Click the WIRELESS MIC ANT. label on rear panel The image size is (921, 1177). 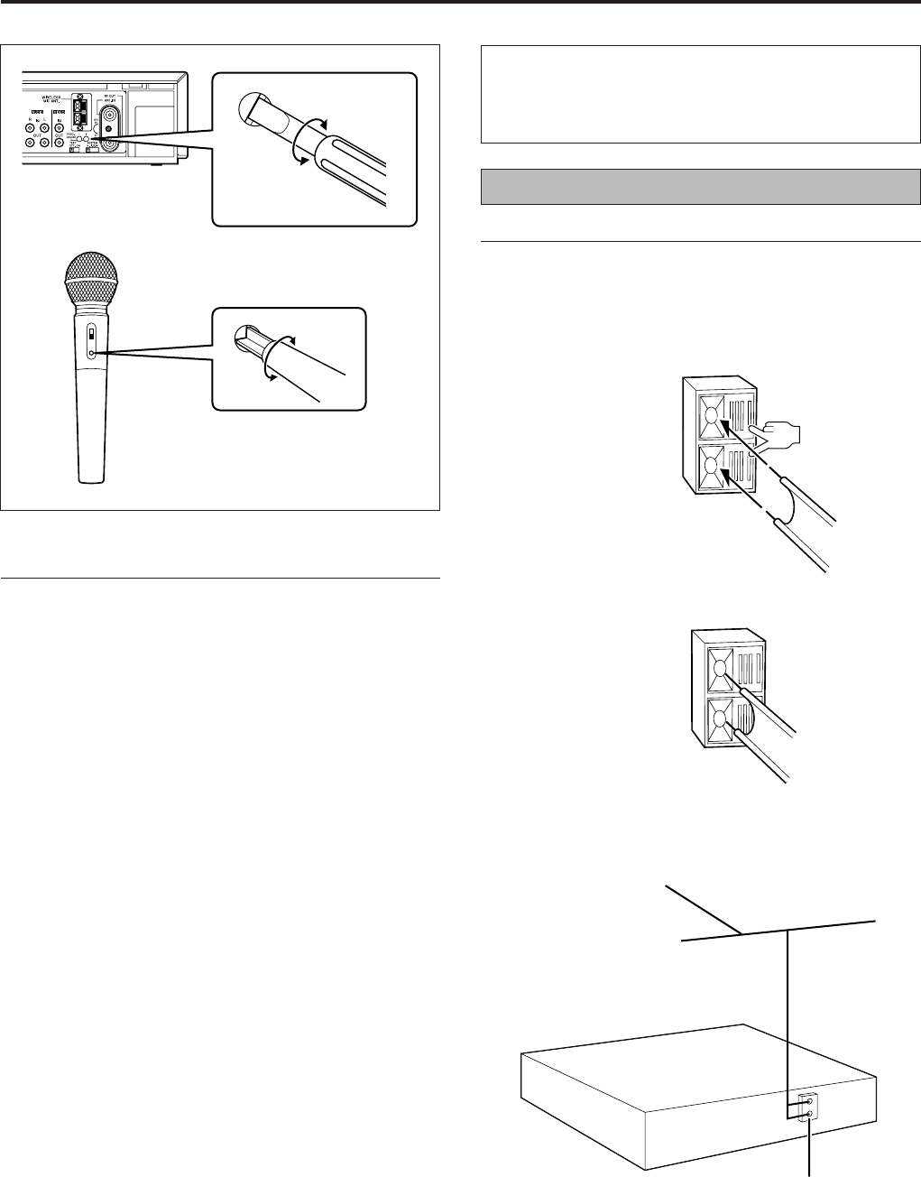tap(62, 100)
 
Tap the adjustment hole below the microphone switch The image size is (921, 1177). tap(91, 355)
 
